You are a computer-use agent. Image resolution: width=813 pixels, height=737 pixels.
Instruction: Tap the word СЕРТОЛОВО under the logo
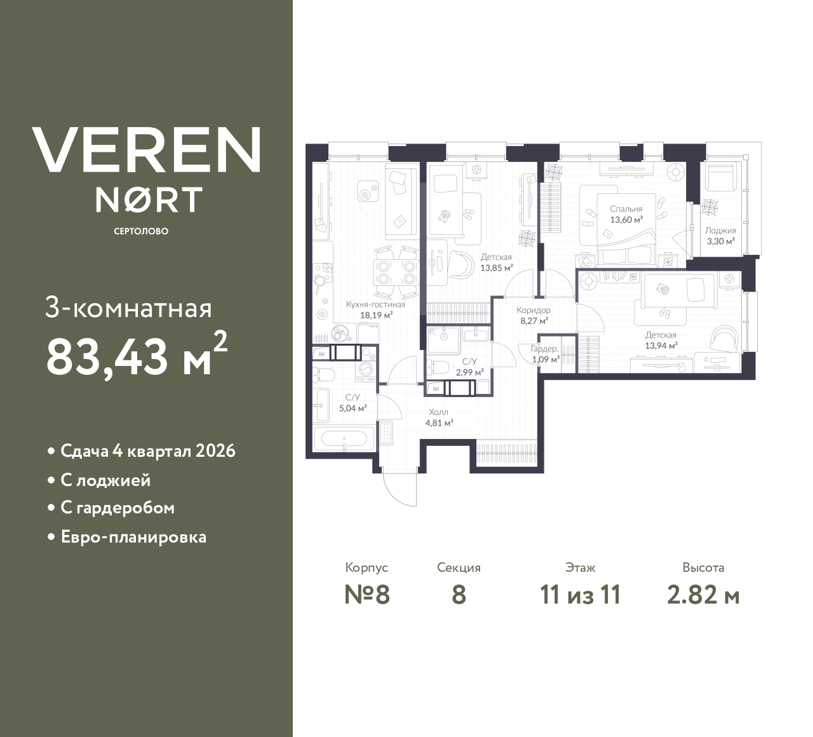click(x=141, y=231)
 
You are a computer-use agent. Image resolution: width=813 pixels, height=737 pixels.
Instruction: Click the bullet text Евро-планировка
click(x=133, y=537)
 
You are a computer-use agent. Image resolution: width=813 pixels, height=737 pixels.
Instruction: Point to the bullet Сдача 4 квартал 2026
click(x=147, y=451)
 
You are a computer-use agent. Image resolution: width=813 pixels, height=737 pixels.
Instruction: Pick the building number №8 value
click(x=366, y=595)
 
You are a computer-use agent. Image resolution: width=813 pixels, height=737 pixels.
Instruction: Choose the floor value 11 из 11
click(x=580, y=595)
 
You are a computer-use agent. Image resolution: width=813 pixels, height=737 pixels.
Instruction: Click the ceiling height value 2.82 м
click(x=703, y=595)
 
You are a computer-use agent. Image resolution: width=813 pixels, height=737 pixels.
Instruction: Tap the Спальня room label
click(x=626, y=208)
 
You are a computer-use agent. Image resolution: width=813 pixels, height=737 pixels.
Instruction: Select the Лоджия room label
click(x=720, y=231)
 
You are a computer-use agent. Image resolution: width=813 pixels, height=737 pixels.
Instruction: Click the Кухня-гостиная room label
click(x=375, y=304)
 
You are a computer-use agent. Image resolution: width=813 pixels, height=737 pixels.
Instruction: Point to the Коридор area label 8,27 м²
click(x=534, y=321)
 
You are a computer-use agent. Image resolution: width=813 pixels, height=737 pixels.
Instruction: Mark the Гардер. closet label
click(x=545, y=349)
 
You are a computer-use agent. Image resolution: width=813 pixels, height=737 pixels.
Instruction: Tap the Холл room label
click(x=438, y=412)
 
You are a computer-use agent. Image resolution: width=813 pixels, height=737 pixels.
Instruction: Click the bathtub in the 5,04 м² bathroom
click(x=344, y=438)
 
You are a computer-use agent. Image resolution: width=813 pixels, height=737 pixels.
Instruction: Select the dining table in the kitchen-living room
click(x=394, y=273)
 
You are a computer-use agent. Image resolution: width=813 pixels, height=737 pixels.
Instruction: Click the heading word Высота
click(x=703, y=567)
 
